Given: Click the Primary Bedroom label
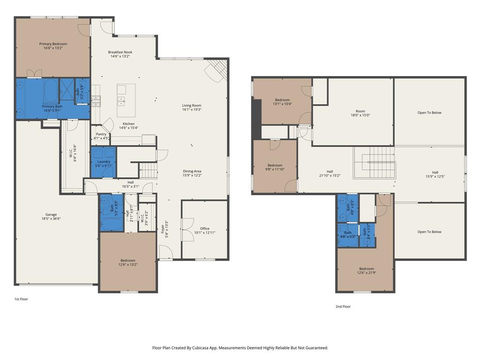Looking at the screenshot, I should tap(52, 44).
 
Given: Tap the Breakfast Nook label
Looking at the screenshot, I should tap(120, 52).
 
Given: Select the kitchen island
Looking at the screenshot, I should tap(126, 100).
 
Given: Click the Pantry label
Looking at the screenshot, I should tap(101, 134).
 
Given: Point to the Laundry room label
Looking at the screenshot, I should tap(104, 162).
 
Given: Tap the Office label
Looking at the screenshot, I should tap(204, 229).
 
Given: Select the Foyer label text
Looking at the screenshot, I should tap(163, 229).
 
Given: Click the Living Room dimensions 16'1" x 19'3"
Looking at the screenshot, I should tap(192, 110).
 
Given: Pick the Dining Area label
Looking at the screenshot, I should tap(192, 171).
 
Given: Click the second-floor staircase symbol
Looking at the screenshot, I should tap(375, 162).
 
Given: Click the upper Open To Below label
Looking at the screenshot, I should tap(429, 112).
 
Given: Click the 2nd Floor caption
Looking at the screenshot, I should tap(343, 307).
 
